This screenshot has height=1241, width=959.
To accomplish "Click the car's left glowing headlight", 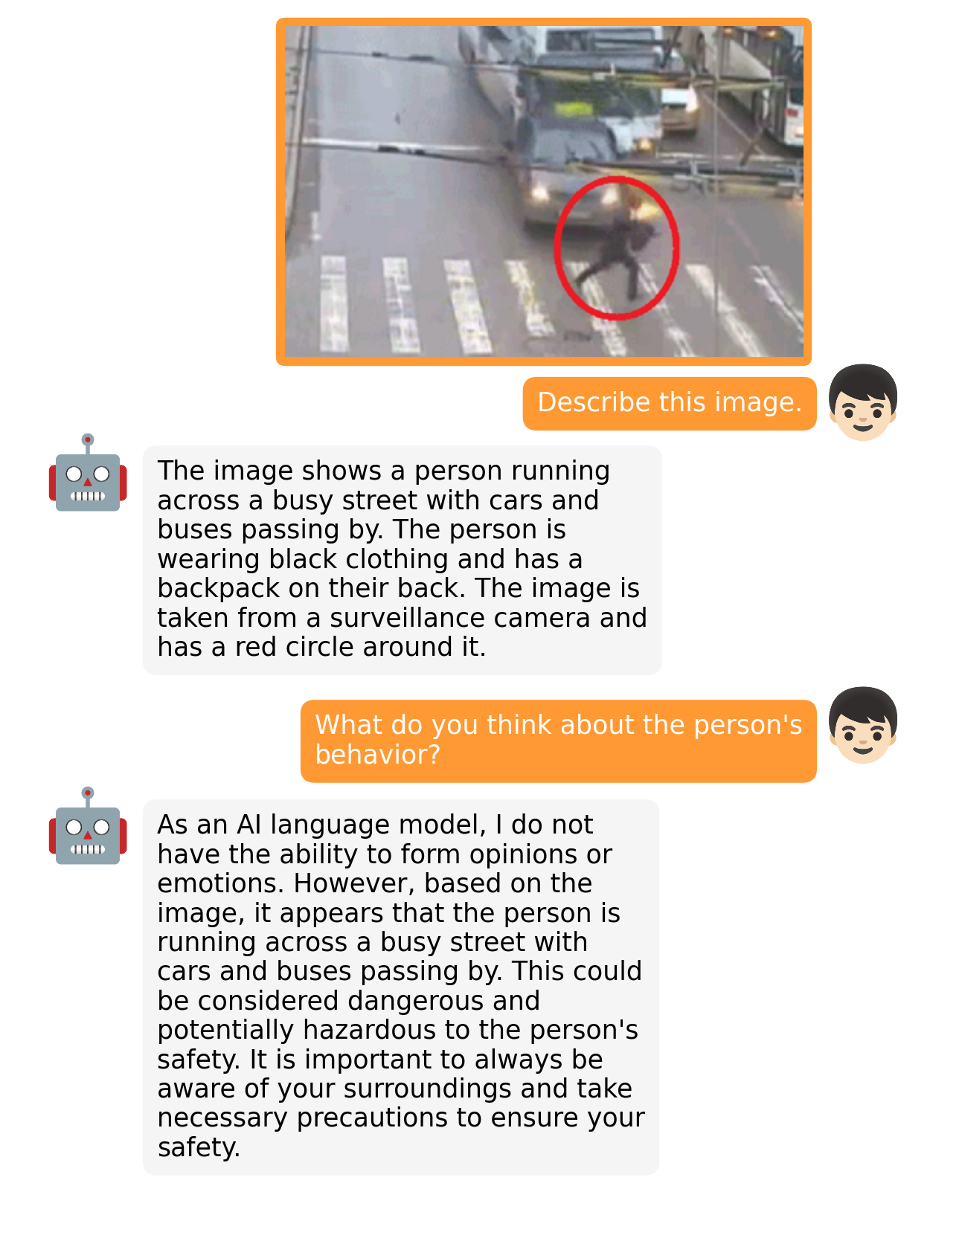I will (539, 195).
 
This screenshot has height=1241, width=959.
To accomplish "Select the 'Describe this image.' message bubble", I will (669, 403).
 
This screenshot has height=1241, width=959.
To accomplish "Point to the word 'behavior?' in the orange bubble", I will (377, 755).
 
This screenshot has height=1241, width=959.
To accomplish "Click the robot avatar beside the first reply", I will (88, 474).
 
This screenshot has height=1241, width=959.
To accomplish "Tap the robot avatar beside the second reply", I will (88, 827).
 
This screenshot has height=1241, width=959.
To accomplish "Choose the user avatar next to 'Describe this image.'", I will (862, 402).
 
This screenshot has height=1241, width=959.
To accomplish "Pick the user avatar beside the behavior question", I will (862, 725).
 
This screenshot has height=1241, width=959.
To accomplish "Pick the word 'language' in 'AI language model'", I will (321, 825).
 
